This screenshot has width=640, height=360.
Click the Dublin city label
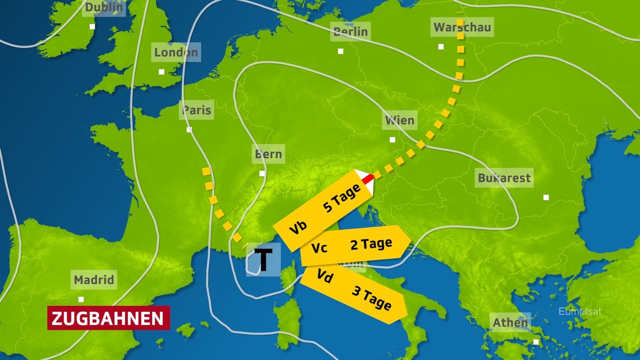pyautogui.click(x=103, y=7)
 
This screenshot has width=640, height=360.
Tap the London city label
pyautogui.click(x=175, y=52)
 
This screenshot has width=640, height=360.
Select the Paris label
pyautogui.click(x=196, y=110)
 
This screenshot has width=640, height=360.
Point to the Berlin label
pyautogui.click(x=350, y=32)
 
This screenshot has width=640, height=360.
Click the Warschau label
pyautogui.click(x=462, y=27)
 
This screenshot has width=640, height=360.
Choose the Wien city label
pyautogui.click(x=400, y=120)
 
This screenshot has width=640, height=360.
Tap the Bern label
pyautogui.click(x=268, y=154)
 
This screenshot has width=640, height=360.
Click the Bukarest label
pyautogui.click(x=504, y=178)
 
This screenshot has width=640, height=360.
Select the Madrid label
pyautogui.click(x=94, y=279)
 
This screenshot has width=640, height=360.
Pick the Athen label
pyautogui.click(x=510, y=322)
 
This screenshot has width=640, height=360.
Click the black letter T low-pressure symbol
pyautogui.click(x=263, y=259)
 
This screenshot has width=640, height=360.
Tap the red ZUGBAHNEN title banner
pyautogui.click(x=108, y=318)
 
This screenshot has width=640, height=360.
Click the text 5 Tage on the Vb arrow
pyautogui.click(x=342, y=198)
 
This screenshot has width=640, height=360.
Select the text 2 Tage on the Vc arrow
pyautogui.click(x=370, y=244)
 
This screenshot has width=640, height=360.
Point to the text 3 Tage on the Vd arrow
pyautogui.click(x=371, y=298)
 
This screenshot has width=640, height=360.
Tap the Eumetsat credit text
pyautogui.click(x=579, y=312)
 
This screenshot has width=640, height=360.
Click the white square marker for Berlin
pyautogui.click(x=340, y=51)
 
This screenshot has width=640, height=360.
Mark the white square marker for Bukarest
pyautogui.click(x=546, y=197)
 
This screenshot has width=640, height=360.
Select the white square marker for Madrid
pyautogui.click(x=81, y=299)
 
